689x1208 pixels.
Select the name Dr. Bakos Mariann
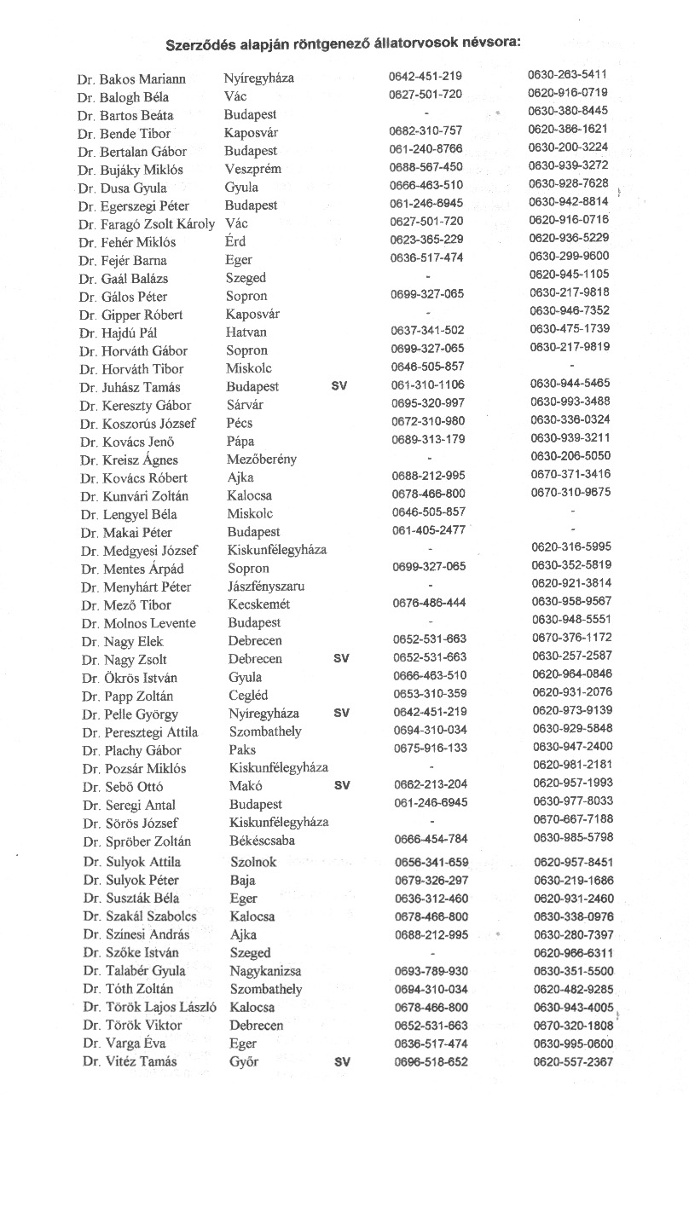coord(131,79)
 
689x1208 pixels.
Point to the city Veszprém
coord(253,169)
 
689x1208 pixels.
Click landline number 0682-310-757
coord(426,130)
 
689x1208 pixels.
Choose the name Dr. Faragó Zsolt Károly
coord(147,224)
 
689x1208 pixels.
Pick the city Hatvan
coord(246,332)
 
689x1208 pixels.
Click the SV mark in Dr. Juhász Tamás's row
coord(338,386)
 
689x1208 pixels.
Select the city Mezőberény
coord(262,460)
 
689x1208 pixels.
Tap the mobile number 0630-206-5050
coord(570,456)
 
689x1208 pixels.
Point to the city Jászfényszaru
coord(266,587)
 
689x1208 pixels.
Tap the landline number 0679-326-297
coord(431,880)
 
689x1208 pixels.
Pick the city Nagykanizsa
coord(265,971)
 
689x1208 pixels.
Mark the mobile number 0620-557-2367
coord(573,1062)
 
